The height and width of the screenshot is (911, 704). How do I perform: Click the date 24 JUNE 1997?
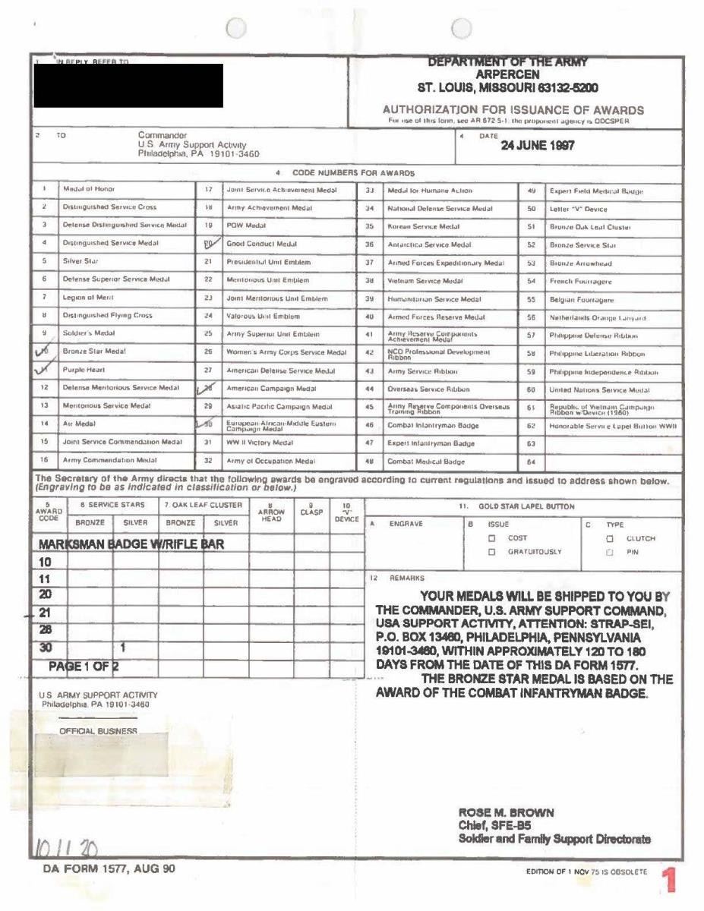[x=537, y=146]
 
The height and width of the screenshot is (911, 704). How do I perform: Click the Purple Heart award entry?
[x=84, y=371]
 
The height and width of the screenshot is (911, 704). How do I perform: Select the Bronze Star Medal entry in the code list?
[x=94, y=351]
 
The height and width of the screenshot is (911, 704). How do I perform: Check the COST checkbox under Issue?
[x=492, y=537]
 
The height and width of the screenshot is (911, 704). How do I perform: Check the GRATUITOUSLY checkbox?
[x=492, y=551]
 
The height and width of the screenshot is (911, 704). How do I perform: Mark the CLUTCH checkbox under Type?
[x=609, y=537]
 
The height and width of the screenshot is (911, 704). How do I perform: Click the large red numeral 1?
[x=669, y=881]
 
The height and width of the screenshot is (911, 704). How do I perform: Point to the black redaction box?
[x=128, y=85]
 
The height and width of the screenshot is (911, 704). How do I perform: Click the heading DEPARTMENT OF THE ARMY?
[x=508, y=63]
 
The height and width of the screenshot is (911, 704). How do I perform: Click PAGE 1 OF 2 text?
[x=84, y=665]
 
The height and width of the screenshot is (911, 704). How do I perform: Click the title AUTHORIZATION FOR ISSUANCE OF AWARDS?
[x=513, y=110]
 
